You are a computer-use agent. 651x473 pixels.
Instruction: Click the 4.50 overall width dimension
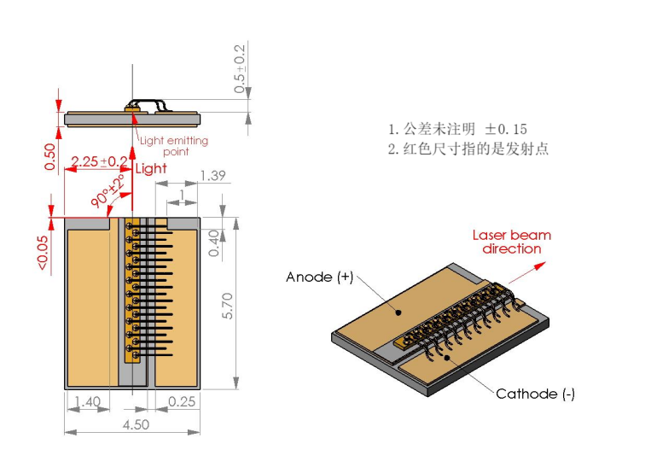pos(134,424)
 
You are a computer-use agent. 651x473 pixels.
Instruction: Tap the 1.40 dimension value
pos(87,401)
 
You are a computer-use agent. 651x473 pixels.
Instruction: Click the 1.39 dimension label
pos(212,176)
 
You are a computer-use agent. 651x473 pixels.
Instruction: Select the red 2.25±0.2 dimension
pos(100,161)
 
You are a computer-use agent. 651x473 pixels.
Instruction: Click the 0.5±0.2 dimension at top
pos(240,65)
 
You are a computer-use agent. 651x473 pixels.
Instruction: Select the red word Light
pos(151,168)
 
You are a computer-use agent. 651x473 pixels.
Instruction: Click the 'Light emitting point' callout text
pos(174,146)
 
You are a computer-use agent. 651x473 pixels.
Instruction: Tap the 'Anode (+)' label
pos(320,277)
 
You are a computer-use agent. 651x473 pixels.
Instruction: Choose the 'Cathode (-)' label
pos(536,394)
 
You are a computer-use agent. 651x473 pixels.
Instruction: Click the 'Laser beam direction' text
pos(512,242)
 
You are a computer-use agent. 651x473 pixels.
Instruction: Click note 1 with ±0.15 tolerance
pos(457,129)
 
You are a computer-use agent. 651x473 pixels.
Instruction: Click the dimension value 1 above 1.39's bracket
pos(182,195)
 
